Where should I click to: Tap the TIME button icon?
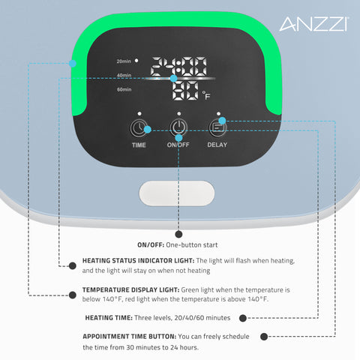(139, 127)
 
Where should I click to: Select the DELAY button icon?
(217, 127)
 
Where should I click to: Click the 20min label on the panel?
(124, 61)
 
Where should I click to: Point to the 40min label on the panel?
(124, 75)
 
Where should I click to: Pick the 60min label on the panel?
(124, 90)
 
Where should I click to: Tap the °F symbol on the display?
(205, 95)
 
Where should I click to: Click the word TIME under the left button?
(139, 145)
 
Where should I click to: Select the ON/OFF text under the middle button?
(178, 145)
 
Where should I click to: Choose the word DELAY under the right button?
(217, 145)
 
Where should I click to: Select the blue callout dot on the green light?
(72, 63)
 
